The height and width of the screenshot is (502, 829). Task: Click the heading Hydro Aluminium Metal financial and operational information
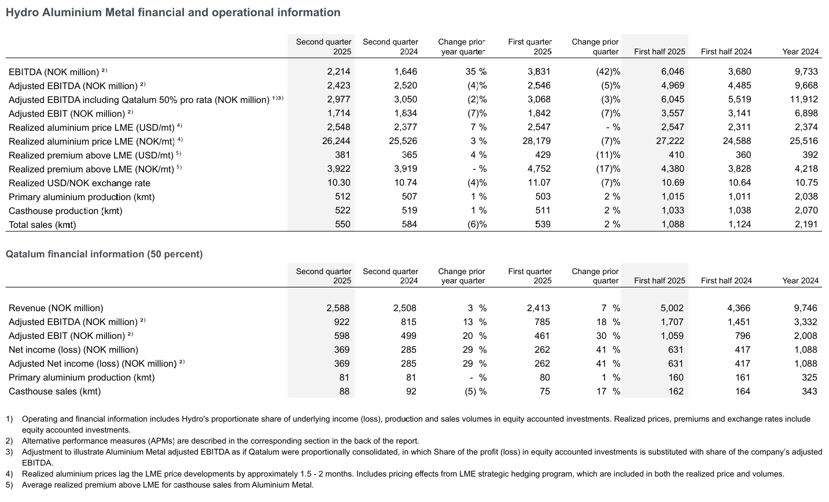click(x=172, y=12)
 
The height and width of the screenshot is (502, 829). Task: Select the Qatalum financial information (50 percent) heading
click(x=104, y=254)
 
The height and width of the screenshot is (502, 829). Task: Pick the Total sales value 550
click(x=342, y=224)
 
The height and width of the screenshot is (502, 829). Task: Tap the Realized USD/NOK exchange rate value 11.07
click(x=539, y=183)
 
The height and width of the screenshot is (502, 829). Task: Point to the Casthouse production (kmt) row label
click(x=65, y=211)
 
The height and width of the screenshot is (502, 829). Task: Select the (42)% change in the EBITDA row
click(x=607, y=72)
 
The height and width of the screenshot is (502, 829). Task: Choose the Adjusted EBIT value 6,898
click(x=806, y=113)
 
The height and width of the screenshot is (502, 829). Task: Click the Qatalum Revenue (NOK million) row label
click(x=56, y=308)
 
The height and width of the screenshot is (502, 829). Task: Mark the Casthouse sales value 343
click(x=809, y=392)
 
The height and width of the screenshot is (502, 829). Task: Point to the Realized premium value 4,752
click(x=539, y=169)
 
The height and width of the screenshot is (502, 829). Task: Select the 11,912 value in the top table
click(x=804, y=99)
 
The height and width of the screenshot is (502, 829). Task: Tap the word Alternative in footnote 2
click(x=40, y=441)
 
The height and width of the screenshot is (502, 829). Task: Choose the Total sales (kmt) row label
click(x=42, y=224)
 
